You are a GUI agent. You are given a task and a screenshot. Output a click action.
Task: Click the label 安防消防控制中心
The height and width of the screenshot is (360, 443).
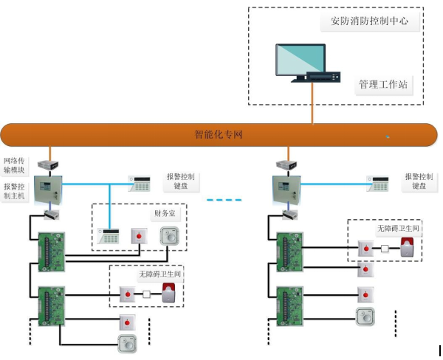click(x=369, y=21)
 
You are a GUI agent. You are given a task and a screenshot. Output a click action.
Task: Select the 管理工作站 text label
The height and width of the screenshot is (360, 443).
click(x=382, y=84)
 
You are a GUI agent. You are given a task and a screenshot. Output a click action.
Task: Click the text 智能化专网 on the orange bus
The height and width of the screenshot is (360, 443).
click(x=219, y=134)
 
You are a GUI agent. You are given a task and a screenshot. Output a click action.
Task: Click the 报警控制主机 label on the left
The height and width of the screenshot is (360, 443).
click(x=16, y=191)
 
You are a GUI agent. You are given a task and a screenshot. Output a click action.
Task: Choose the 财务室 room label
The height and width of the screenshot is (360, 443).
click(x=165, y=214)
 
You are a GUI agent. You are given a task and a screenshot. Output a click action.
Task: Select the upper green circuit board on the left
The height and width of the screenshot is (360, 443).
click(x=52, y=251)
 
